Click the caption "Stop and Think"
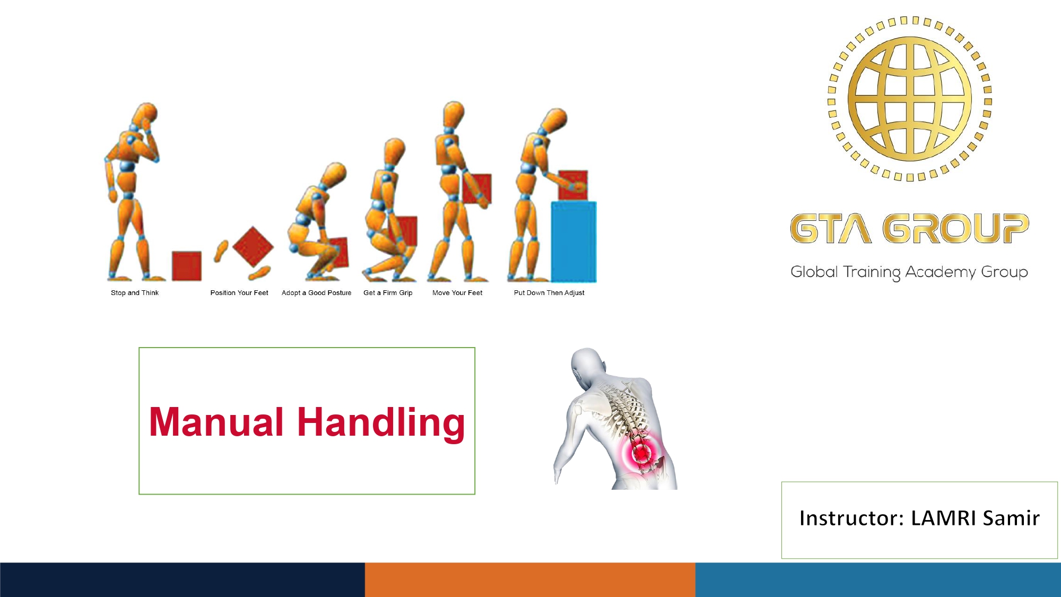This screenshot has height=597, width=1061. [x=135, y=293]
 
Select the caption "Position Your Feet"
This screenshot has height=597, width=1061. [x=239, y=293]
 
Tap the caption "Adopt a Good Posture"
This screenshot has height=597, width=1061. [x=317, y=293]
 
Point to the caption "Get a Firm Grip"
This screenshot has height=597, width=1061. [x=388, y=293]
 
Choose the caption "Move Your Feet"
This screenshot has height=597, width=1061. [x=457, y=293]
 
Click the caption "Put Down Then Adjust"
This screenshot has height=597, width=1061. [x=549, y=293]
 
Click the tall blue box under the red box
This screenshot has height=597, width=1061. [x=574, y=241]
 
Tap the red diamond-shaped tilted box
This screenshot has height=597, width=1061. [x=253, y=247]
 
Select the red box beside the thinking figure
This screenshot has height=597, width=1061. [x=187, y=266]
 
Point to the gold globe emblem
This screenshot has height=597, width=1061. [x=910, y=99]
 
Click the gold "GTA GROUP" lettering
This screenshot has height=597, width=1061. [x=909, y=229]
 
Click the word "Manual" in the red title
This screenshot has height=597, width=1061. [x=216, y=422]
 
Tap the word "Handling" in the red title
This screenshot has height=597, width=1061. [x=381, y=423]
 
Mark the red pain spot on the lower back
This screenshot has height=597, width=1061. [x=642, y=453]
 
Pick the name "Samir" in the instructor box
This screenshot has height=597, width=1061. [x=1011, y=518]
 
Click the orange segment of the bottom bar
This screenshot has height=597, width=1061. [x=530, y=579]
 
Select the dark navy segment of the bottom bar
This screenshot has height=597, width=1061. [x=182, y=579]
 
